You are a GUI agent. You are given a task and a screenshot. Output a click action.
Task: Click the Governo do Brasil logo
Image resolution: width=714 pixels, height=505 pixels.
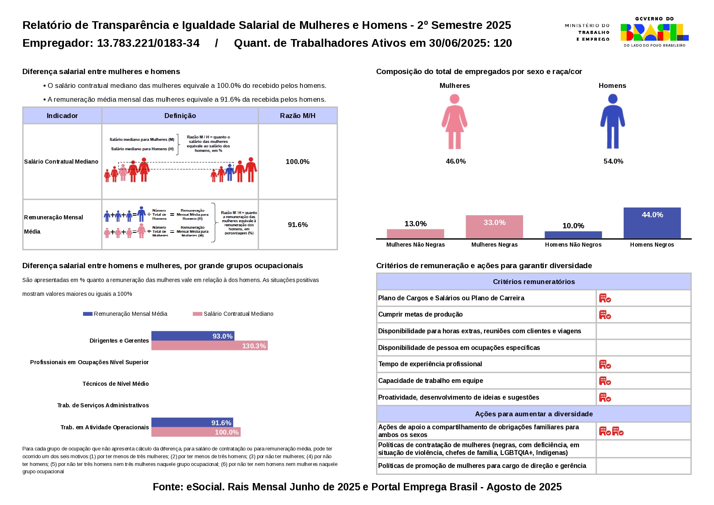[x=654, y=32]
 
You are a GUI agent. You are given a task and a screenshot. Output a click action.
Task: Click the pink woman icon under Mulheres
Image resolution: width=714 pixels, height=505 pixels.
[x=454, y=121]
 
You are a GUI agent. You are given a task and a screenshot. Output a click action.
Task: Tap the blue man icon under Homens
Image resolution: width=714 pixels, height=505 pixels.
[x=612, y=121]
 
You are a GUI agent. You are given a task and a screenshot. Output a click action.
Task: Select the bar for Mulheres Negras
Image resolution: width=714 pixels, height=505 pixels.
[x=494, y=227]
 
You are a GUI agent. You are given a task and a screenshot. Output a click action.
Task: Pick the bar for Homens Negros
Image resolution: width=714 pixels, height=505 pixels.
[x=652, y=223]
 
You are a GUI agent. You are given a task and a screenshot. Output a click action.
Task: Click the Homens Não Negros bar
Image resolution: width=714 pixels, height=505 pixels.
[x=573, y=235]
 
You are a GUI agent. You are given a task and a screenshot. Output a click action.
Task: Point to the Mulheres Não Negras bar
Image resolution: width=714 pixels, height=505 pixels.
[x=415, y=234]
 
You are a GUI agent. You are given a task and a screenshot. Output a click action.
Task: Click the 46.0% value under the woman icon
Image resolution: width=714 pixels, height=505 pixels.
[x=456, y=161]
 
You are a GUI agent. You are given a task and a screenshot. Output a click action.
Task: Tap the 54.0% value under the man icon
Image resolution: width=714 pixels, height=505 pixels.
[x=613, y=161]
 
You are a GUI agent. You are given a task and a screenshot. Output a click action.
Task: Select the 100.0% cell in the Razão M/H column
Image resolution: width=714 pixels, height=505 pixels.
[x=298, y=162]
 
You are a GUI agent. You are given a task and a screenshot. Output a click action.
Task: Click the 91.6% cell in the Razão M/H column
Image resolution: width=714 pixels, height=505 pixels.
[x=298, y=225]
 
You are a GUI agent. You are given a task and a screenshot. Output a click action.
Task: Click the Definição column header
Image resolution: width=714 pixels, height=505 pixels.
[x=180, y=116]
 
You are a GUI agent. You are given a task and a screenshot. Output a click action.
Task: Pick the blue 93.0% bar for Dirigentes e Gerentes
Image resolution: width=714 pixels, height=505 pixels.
[x=193, y=336]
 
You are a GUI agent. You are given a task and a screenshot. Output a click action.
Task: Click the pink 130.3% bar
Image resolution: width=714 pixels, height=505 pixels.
[x=209, y=345]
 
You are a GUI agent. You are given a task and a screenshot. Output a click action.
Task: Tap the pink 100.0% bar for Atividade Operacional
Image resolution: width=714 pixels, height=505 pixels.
[x=196, y=432]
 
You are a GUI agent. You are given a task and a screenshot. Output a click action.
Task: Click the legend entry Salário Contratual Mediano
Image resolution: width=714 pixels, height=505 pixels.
[x=238, y=314]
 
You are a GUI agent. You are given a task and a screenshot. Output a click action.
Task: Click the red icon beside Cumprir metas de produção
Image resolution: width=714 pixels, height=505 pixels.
[x=605, y=315]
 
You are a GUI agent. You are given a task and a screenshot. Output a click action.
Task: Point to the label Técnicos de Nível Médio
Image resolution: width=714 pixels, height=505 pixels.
[x=116, y=384]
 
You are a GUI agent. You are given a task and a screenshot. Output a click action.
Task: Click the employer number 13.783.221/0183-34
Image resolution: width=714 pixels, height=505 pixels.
[x=148, y=43]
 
